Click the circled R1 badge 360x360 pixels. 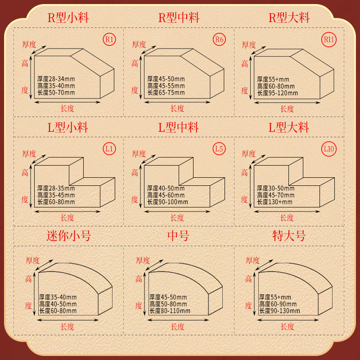coord(109,40)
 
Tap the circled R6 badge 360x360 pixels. coord(219,40)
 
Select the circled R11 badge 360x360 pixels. coord(329,40)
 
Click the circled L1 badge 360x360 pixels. coord(109,148)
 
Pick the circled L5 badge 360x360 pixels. coord(219,148)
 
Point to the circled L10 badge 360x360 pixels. coord(329,148)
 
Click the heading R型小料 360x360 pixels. coord(68,18)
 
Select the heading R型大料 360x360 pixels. coord(289,18)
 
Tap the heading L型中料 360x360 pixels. coord(178,127)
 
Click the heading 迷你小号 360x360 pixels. coord(68,236)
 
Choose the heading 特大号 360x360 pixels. coord(289,236)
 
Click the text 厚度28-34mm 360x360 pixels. coord(56,79)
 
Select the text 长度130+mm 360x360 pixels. coord(274,202)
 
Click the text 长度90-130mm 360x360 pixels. coord(279,311)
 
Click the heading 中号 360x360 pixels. coord(178,236)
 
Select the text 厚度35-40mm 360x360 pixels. coord(58,297)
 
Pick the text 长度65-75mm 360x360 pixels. coord(166,93)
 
